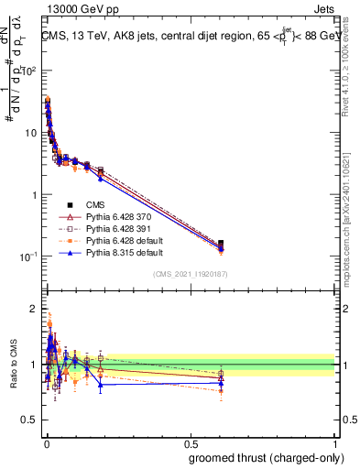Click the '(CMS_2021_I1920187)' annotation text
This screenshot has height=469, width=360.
190,274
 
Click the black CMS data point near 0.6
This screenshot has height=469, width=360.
221,244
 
